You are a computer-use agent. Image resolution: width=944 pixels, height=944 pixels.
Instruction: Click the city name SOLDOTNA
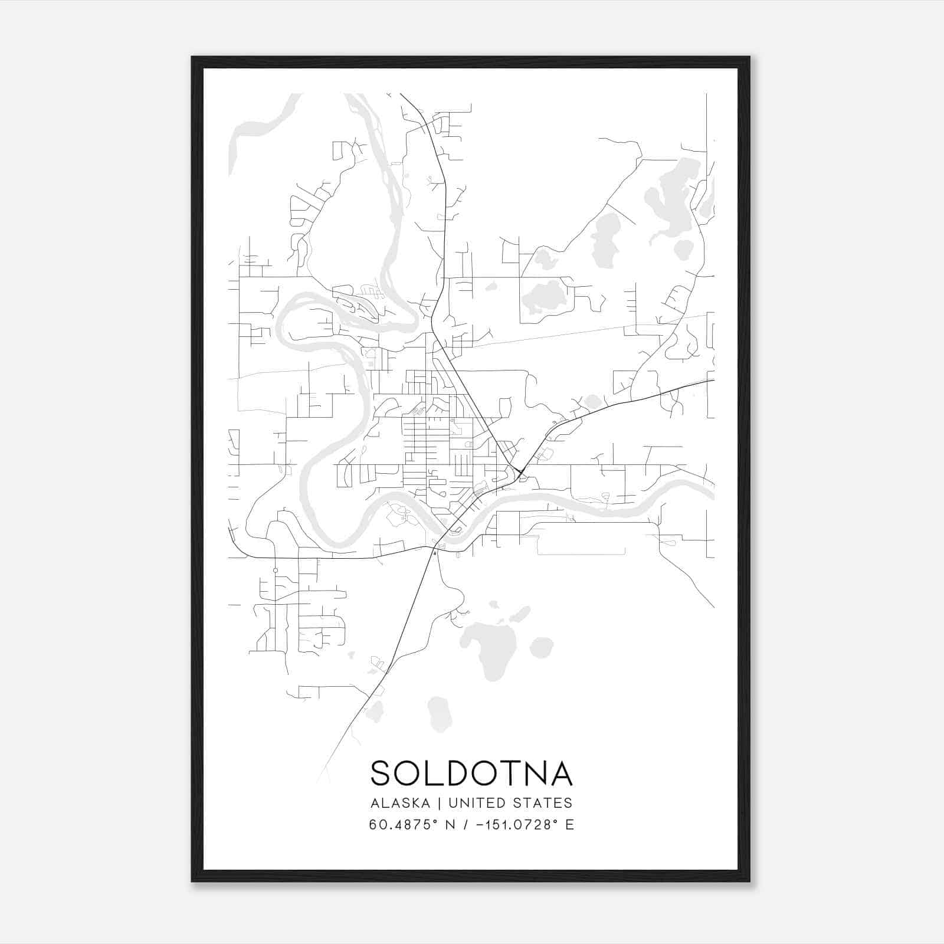471,773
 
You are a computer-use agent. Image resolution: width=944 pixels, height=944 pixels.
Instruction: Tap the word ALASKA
400,803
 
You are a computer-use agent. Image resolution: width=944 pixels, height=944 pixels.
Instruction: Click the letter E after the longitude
569,825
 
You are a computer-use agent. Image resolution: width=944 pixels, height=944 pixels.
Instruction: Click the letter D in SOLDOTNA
460,773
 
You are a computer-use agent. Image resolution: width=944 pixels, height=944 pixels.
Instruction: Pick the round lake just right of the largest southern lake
541,647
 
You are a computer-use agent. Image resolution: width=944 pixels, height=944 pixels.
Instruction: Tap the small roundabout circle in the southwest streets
275,570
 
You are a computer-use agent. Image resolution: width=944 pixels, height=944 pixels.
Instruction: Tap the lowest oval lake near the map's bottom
440,713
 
